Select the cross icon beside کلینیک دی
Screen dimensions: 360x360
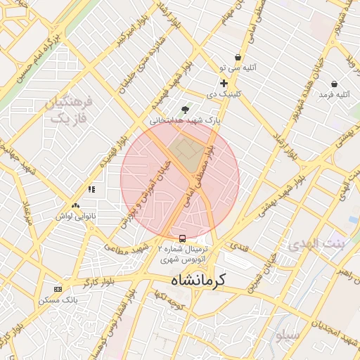(224, 83)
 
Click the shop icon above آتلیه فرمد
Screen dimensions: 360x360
(333, 84)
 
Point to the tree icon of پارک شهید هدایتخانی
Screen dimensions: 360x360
(185, 110)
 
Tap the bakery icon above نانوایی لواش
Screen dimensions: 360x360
(75, 205)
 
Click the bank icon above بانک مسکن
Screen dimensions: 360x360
(58, 288)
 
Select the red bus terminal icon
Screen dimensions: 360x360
(183, 238)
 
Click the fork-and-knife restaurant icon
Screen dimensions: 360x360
(91, 188)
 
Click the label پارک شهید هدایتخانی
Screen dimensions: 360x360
(185, 121)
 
